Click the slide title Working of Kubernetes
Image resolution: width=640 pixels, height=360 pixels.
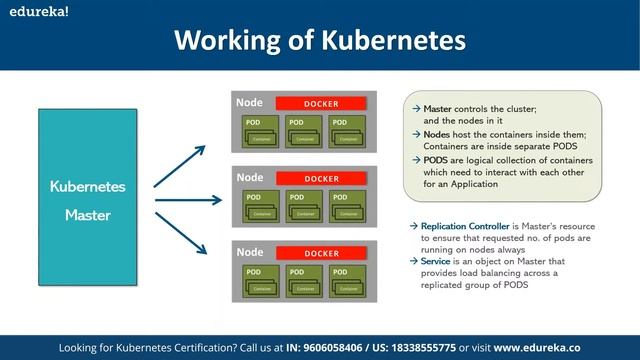[x=320, y=40]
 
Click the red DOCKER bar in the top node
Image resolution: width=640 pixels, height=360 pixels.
[x=322, y=104]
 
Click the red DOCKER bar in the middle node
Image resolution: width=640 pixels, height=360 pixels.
[x=322, y=179]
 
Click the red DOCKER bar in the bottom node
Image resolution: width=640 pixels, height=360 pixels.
[x=322, y=254]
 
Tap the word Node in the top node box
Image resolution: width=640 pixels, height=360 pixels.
[x=250, y=103]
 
